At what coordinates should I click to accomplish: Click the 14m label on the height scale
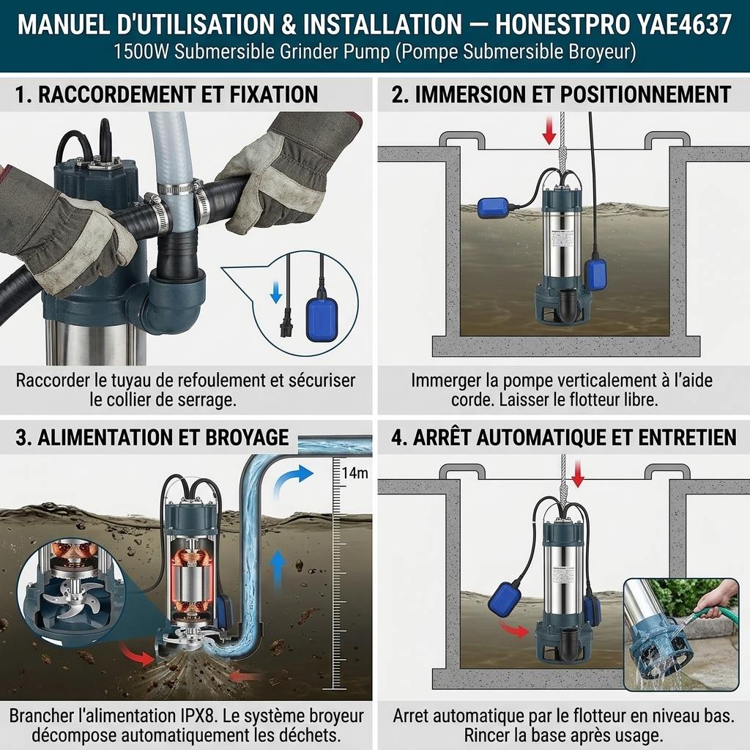pos(355,473)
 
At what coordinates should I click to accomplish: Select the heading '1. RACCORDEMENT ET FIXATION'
pos(166,94)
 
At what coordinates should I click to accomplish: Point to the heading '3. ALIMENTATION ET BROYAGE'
pos(152,438)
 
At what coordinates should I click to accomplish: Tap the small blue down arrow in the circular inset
pos(276,292)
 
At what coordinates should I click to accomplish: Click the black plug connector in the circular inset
pos(287,323)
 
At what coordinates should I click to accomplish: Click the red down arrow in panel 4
pos(579,474)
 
